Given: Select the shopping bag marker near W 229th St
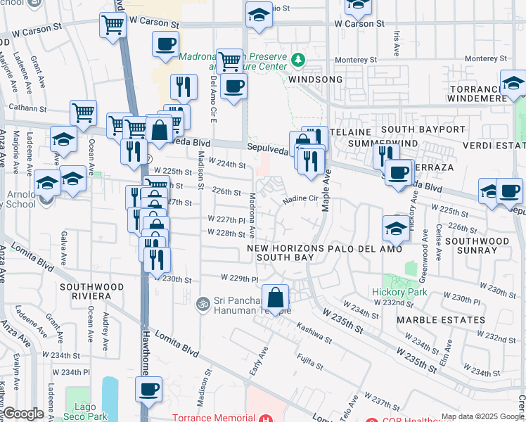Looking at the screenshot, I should click(x=276, y=298).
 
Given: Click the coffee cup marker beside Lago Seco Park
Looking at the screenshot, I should click(x=149, y=389).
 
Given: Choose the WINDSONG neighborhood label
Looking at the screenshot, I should click(x=315, y=80).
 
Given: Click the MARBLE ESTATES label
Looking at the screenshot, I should click(x=440, y=320).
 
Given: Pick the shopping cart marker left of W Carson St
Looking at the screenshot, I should click(x=113, y=26).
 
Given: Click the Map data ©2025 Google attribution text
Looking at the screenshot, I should click(x=481, y=416).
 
